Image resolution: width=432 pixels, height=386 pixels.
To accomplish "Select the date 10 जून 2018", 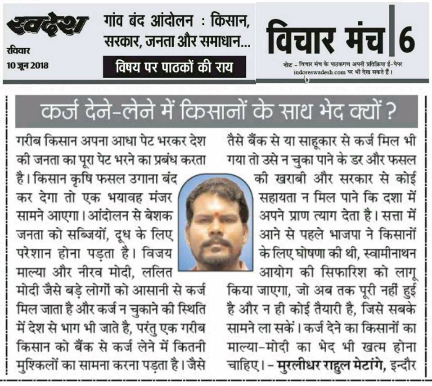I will click(x=28, y=65).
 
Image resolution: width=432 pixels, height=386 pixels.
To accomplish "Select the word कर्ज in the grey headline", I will click(x=58, y=111).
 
